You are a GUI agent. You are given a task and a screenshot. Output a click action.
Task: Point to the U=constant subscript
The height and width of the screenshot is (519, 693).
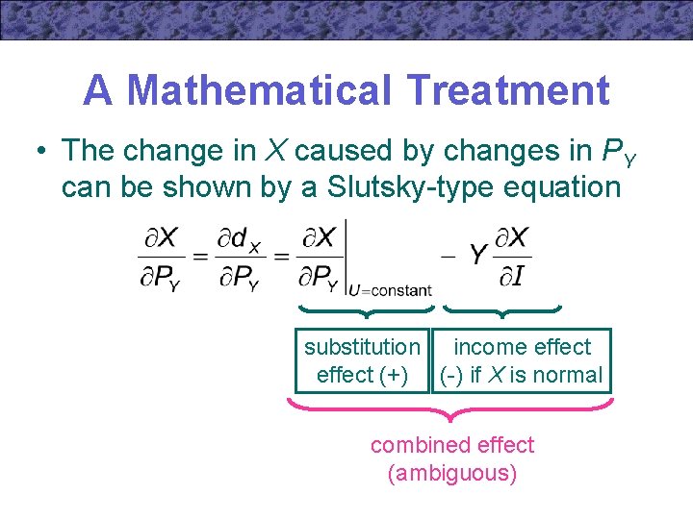pyautogui.click(x=390, y=289)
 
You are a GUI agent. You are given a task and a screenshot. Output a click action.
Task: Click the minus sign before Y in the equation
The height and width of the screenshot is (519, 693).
pyautogui.click(x=448, y=257)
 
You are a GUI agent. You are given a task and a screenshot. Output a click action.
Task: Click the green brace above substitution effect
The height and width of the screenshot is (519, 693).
pyautogui.click(x=362, y=311)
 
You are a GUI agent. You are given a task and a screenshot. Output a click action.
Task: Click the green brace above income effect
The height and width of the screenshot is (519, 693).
pyautogui.click(x=502, y=311)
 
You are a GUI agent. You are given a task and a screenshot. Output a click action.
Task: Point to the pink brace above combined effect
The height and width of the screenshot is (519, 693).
pyautogui.click(x=450, y=410)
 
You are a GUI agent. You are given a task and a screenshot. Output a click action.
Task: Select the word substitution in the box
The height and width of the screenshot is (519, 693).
pyautogui.click(x=362, y=347)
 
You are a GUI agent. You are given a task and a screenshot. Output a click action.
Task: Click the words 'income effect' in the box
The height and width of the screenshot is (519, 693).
pyautogui.click(x=522, y=347)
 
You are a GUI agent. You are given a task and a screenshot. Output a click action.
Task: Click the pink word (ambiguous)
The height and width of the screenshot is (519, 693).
pyautogui.click(x=452, y=473)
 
